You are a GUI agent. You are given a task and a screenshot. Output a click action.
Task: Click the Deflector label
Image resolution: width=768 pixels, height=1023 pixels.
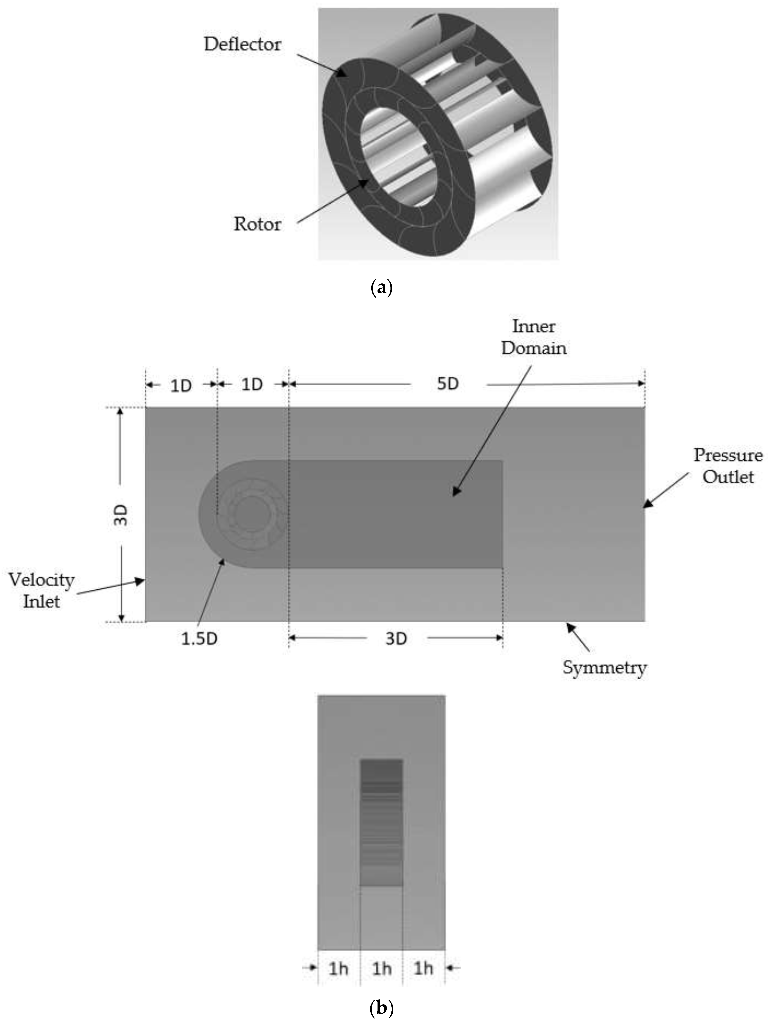[242, 44]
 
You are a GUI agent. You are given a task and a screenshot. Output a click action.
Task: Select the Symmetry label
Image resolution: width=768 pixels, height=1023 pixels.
[604, 667]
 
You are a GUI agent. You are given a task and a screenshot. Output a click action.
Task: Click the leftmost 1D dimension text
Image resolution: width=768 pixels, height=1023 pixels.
[181, 385]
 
